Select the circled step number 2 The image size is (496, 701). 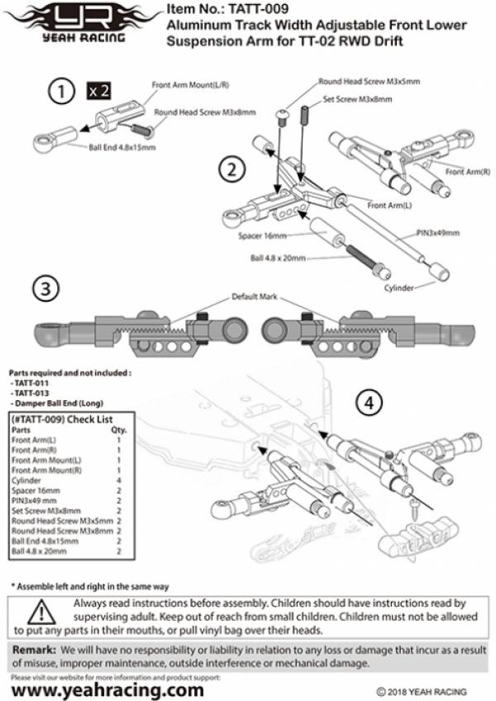point(231,169)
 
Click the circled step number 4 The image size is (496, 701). point(369,403)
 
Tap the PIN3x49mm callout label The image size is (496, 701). point(436,234)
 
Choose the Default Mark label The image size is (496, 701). point(254,296)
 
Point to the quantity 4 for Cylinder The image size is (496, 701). point(120,479)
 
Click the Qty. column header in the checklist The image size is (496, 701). point(118,430)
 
